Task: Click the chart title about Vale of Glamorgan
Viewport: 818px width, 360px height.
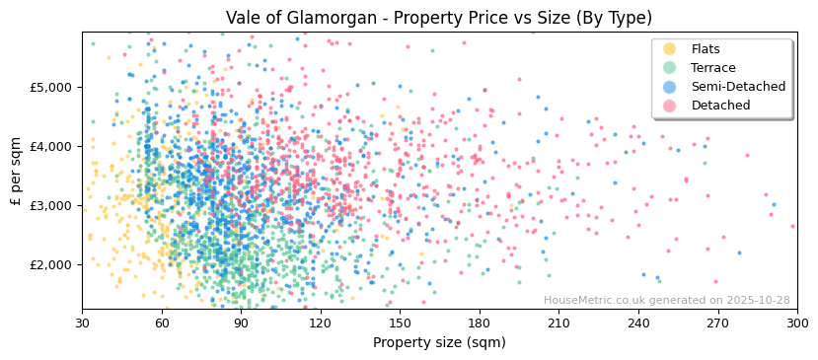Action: pos(439,18)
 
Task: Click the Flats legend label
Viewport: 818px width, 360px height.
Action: pos(706,49)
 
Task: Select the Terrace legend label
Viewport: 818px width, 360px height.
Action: pos(712,68)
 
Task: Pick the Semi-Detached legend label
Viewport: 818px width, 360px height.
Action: pos(738,87)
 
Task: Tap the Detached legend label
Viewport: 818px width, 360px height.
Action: pos(720,106)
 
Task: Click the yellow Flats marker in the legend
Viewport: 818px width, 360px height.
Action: pos(669,49)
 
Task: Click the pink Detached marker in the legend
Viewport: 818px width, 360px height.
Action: pos(669,106)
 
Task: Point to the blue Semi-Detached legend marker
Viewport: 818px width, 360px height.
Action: pos(669,87)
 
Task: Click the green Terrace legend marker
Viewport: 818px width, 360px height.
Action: pos(669,68)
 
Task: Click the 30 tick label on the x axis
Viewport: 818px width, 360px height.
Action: pos(82,323)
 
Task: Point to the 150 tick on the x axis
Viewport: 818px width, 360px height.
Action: pos(400,323)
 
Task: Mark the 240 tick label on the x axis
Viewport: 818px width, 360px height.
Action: pos(638,323)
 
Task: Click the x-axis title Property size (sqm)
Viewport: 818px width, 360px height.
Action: pos(439,342)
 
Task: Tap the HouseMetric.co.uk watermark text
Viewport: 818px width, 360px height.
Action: pos(666,301)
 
